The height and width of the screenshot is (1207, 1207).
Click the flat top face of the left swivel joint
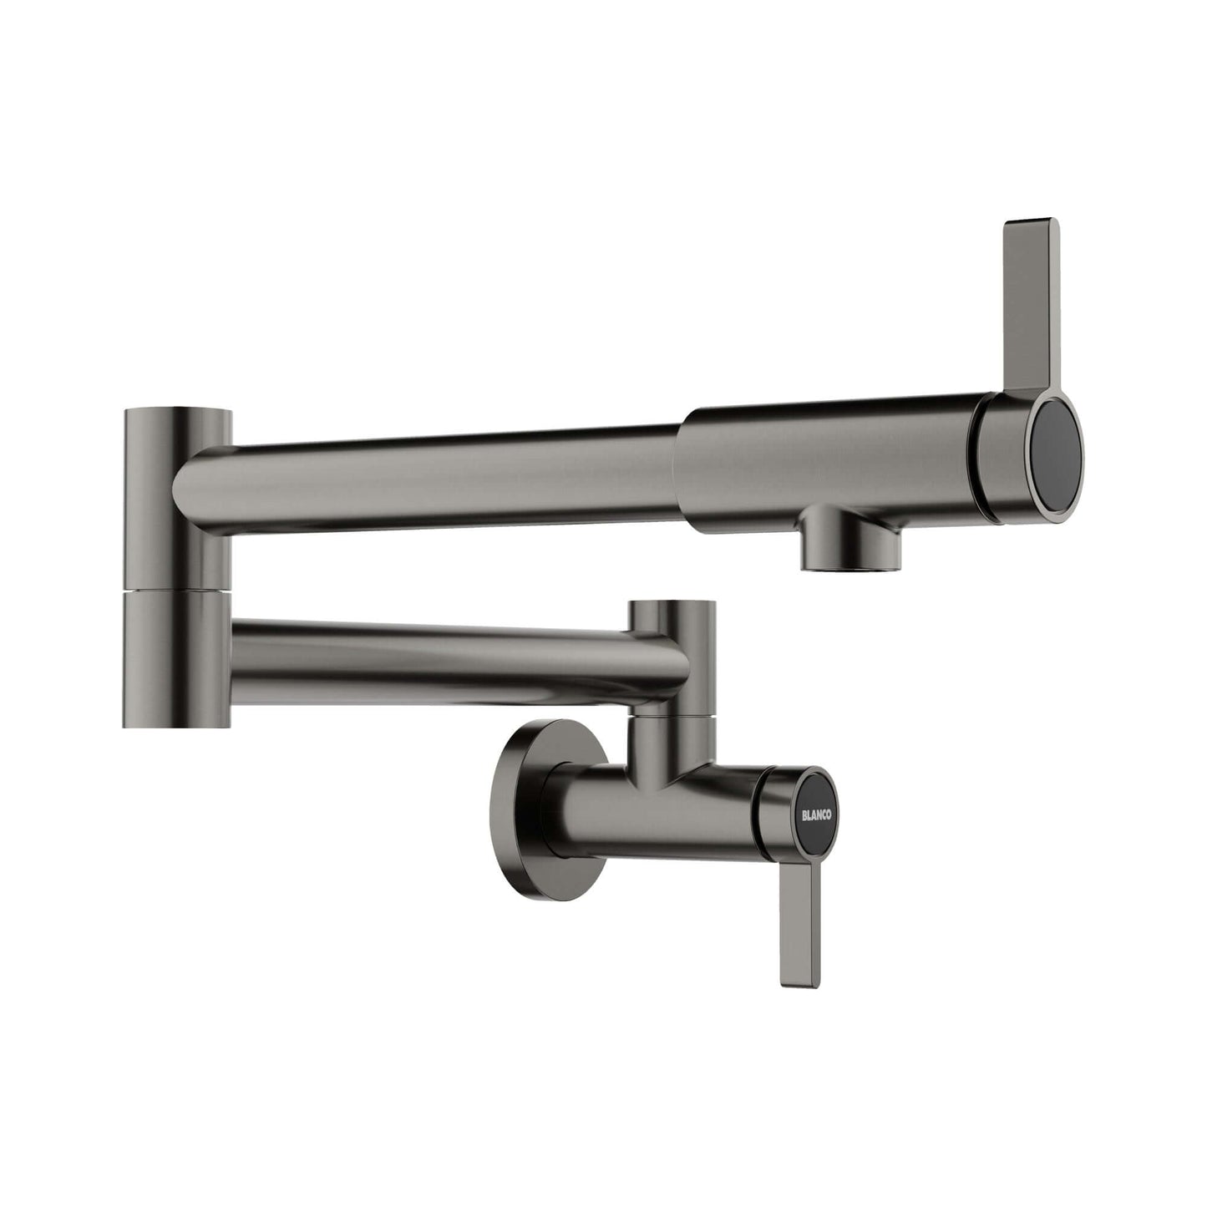(177, 413)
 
